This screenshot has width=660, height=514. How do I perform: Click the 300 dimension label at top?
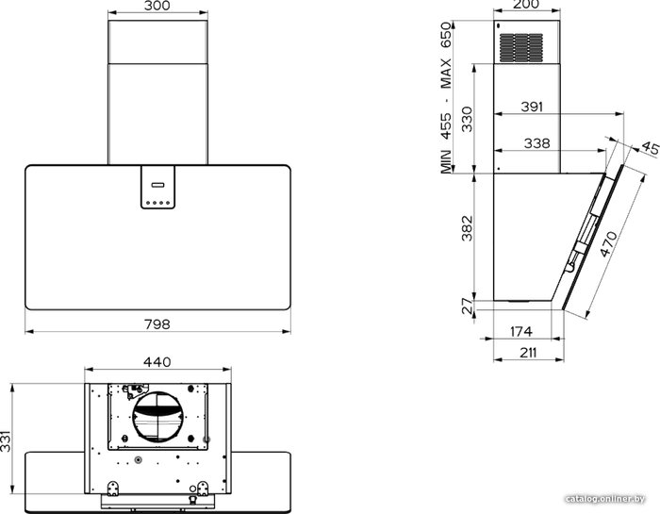(157, 6)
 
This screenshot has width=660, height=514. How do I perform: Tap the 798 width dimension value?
(157, 324)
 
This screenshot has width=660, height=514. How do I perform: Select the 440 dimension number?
(157, 362)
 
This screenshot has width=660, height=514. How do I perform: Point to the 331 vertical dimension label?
(6, 440)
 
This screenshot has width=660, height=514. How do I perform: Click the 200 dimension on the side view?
(526, 5)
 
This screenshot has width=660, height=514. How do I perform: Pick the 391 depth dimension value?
(532, 107)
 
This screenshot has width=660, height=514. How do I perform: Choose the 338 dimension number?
(537, 143)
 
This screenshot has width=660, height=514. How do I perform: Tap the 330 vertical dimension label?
(468, 119)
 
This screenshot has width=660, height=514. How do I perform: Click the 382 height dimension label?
(468, 228)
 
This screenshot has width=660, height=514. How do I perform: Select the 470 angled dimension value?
(609, 244)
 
